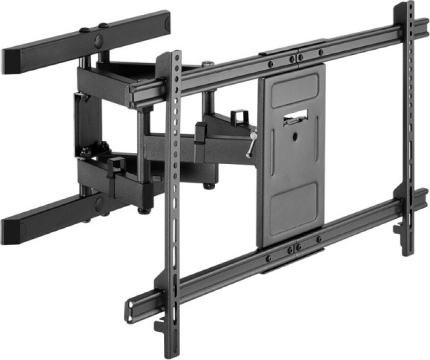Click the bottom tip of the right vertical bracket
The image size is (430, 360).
(x=407, y=252)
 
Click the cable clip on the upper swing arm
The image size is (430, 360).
(x=238, y=116)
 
